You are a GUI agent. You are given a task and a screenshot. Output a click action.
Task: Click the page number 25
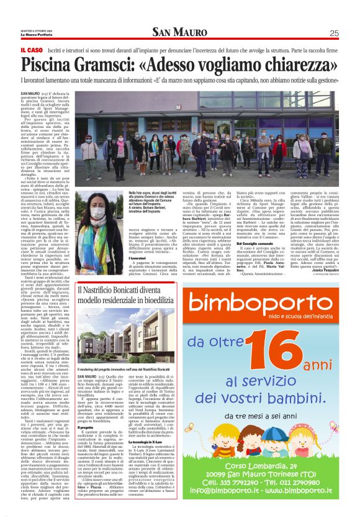(x=334, y=34)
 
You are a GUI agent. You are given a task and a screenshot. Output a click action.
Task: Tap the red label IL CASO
(x=31, y=50)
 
